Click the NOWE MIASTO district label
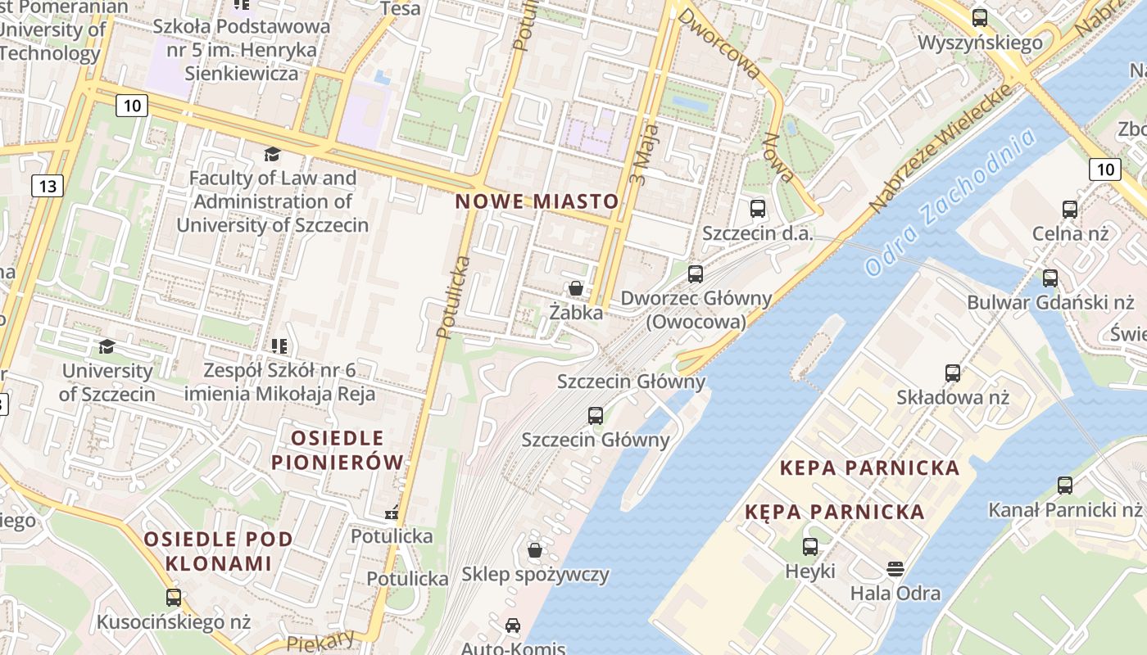coord(537,201)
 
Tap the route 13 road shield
coord(48,186)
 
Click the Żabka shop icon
coord(576,288)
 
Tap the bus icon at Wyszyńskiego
coord(979,17)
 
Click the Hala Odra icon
coord(895,568)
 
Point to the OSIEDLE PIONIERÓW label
coord(338,449)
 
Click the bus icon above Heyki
coord(809,546)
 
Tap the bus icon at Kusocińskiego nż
coord(173,597)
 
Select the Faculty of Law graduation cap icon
coord(271,154)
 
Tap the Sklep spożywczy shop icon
coord(535,549)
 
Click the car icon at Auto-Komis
coord(512,626)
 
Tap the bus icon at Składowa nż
coord(952,373)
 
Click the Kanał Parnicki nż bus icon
coord(1064,486)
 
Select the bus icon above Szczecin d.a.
coord(757,208)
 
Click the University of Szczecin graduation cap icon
coord(107,346)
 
